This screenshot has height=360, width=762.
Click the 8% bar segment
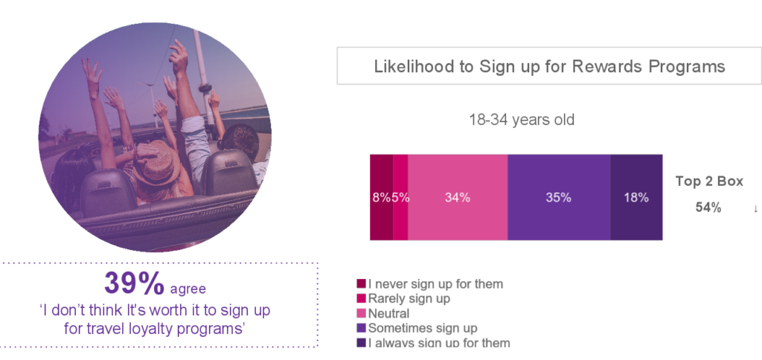(382, 197)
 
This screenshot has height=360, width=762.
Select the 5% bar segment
(400, 197)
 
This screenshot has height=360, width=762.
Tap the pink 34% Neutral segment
(458, 197)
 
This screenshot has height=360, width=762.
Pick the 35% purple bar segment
(559, 197)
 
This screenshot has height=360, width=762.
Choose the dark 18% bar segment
(637, 197)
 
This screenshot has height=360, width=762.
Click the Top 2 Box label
(709, 181)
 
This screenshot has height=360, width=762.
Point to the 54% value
(708, 208)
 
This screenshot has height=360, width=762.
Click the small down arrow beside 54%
(756, 210)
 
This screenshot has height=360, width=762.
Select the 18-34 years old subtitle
(522, 120)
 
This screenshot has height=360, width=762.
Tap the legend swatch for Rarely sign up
(361, 298)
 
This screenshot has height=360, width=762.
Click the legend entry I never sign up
(430, 283)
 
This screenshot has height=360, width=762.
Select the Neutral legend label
(388, 313)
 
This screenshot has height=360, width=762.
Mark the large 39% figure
(134, 283)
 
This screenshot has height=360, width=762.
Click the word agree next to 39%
(188, 289)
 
